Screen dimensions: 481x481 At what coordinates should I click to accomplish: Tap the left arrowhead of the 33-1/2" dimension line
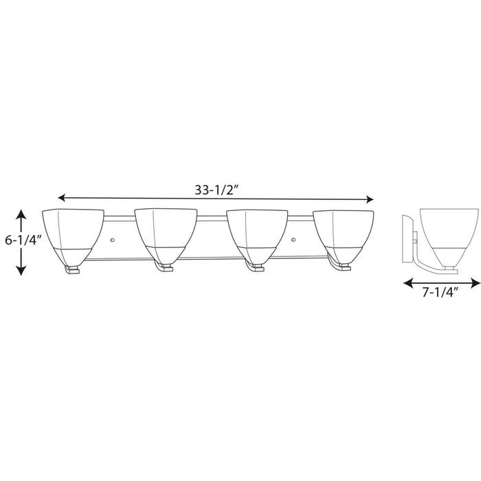(x=62, y=198)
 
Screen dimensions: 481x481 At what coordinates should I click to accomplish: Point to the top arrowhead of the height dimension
(x=21, y=213)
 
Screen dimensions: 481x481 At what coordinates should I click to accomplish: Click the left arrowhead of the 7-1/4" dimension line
(x=406, y=282)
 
